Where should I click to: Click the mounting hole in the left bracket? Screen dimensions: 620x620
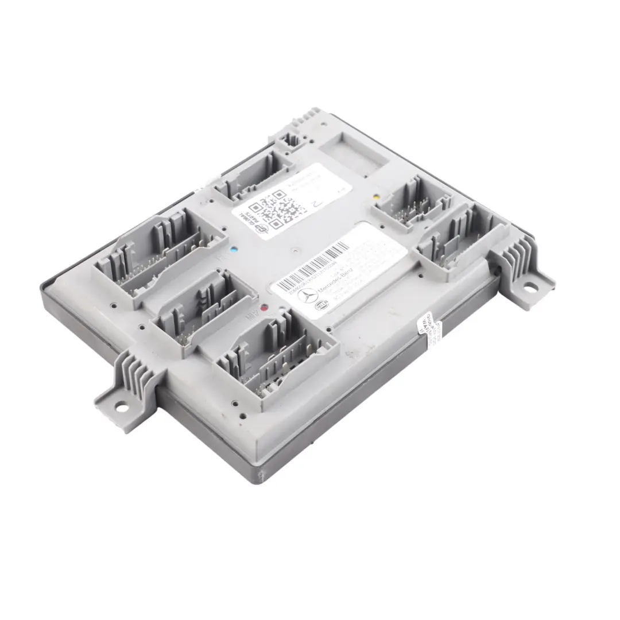click(122, 408)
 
